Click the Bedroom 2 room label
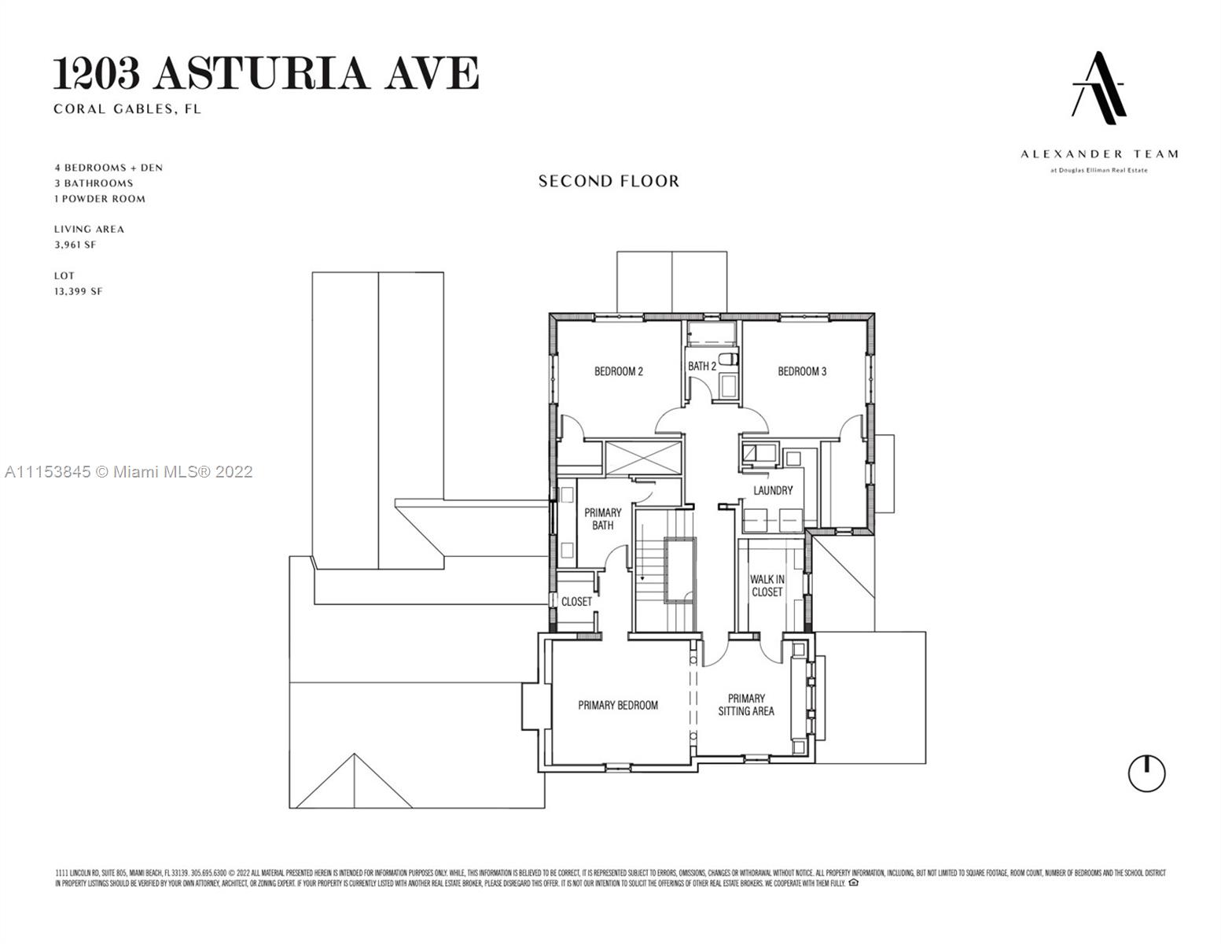(x=619, y=371)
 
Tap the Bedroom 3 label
(x=802, y=371)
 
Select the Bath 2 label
(x=702, y=367)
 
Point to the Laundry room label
(x=773, y=491)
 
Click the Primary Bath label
(x=603, y=519)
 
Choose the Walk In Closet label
(x=767, y=586)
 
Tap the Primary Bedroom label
(x=618, y=706)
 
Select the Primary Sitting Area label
(x=746, y=705)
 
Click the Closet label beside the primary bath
(x=576, y=602)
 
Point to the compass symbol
(x=1146, y=773)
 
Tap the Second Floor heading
(x=609, y=181)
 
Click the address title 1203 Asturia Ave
(x=266, y=73)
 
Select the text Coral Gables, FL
(x=127, y=109)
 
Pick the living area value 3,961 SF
(x=75, y=245)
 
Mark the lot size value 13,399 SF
(x=78, y=291)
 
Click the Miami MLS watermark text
(x=129, y=472)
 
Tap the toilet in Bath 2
(x=729, y=360)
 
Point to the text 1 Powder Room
(x=100, y=199)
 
